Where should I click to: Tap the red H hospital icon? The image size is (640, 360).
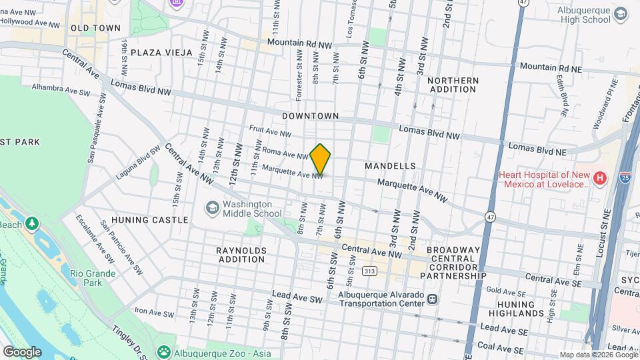point(600,178)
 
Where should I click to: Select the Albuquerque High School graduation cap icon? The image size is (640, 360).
point(621,13)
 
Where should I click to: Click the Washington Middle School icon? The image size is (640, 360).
point(212,209)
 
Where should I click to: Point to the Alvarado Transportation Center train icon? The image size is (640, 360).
point(433,299)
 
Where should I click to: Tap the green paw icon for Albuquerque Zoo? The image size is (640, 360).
point(163,351)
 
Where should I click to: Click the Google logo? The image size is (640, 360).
point(22,351)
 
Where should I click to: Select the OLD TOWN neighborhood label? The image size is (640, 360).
point(95,28)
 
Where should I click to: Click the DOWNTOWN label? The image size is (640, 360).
point(310,116)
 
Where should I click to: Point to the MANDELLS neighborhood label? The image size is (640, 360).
point(391,165)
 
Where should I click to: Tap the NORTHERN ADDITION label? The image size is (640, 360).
point(453,85)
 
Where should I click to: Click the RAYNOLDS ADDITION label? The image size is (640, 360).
point(241,255)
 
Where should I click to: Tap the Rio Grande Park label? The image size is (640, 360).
point(93,278)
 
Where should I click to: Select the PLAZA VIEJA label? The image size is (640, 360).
point(161,52)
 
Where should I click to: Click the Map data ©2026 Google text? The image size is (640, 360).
point(597,355)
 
